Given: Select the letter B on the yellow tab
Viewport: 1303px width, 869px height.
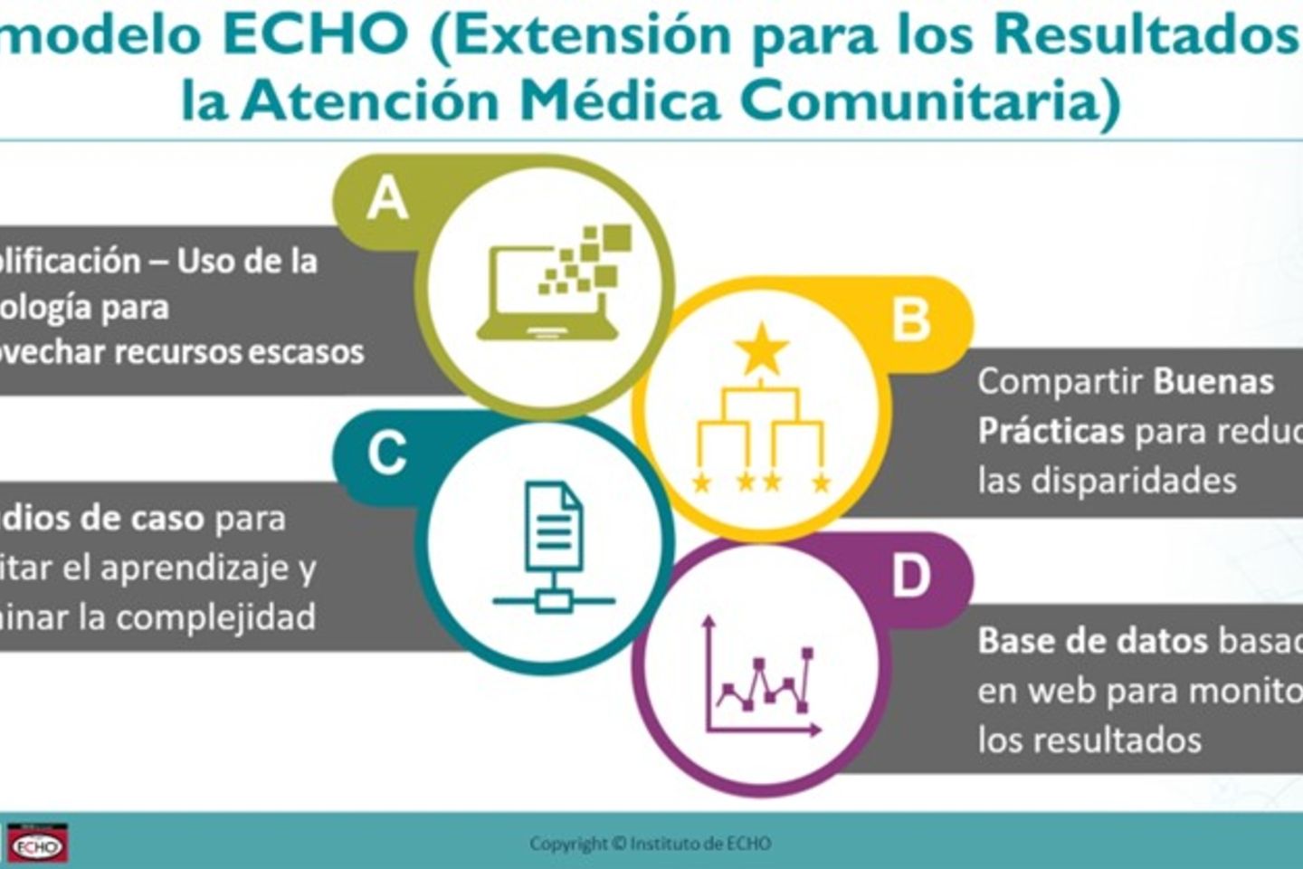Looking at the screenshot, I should [910, 319].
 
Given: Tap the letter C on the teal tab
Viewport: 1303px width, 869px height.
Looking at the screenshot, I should [387, 453].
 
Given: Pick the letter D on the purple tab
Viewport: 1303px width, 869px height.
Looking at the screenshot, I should [910, 576].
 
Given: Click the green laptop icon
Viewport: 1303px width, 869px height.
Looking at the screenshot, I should [554, 282].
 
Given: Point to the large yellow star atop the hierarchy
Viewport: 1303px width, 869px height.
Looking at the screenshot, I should [761, 349].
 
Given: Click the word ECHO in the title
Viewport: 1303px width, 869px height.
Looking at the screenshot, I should [316, 33].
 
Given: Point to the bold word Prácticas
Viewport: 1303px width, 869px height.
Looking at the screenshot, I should [1051, 431].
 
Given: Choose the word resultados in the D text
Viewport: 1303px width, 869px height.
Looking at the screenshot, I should [1117, 740].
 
